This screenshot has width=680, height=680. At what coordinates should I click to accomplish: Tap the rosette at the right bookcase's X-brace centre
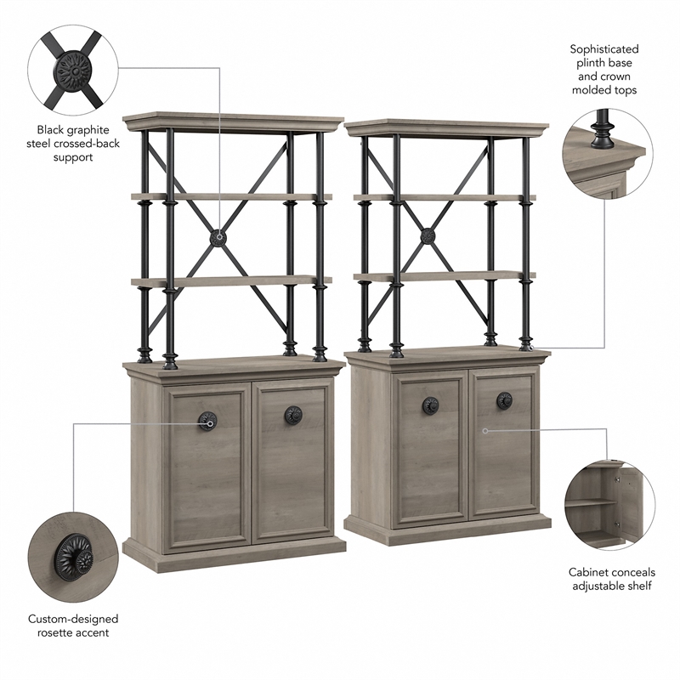pos(428,235)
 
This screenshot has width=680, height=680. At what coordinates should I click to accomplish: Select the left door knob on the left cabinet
pos(207,419)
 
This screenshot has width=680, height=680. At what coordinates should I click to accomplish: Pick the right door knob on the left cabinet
pos(293,415)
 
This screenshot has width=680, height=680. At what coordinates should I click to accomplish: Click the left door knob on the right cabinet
pos(431,405)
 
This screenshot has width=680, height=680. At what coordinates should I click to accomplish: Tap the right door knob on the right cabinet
pos(504,400)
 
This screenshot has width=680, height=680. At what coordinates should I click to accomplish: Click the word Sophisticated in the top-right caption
pos(603,49)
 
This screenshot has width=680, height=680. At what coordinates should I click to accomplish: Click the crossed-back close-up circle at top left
pos(77,69)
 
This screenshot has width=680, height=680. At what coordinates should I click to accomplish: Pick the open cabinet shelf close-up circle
pos(609,507)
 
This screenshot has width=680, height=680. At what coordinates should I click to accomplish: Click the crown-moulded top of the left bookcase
pos(232,122)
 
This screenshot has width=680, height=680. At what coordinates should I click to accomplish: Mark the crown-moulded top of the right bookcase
pos(447,128)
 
